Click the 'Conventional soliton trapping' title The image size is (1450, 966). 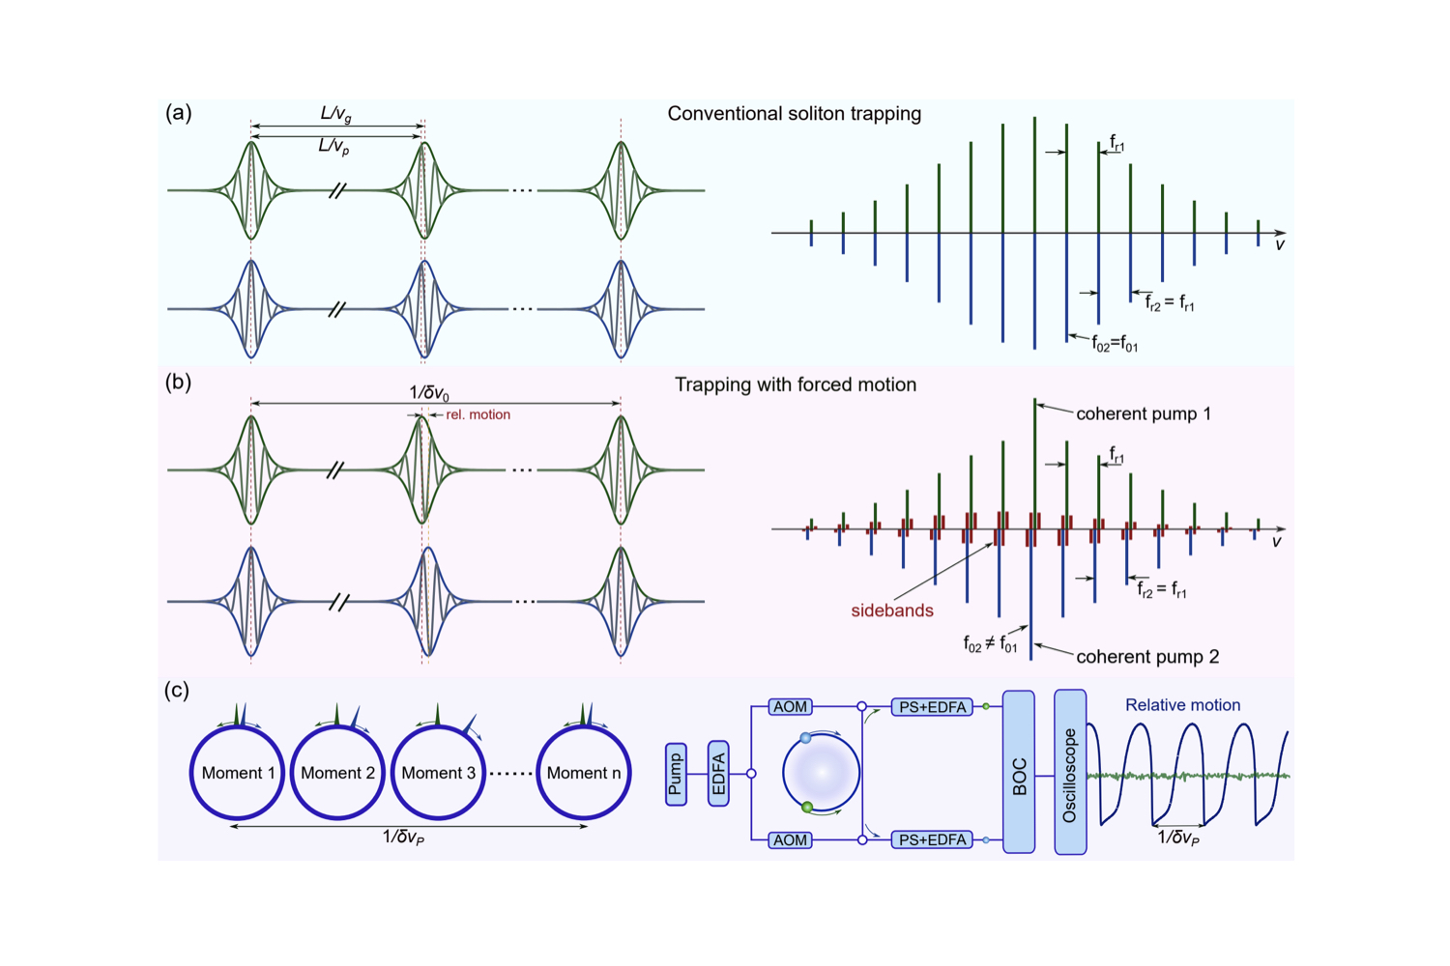pos(794,114)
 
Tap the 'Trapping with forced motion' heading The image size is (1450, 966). pos(795,384)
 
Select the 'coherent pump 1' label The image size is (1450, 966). pos(1143,413)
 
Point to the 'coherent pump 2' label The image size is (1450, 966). pos(1146,657)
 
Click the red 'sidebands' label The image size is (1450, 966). pos(891,611)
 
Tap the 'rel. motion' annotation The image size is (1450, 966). pos(478,414)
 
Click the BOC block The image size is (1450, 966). pos(1019,772)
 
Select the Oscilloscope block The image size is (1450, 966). pos(1069,772)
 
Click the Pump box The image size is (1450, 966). pos(676,774)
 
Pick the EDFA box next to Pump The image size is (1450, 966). pos(718,774)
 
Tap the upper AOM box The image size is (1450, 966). pos(790,707)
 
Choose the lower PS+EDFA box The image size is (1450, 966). pos(932,840)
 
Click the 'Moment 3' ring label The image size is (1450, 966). pos(438,773)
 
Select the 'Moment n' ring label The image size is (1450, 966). pos(583,773)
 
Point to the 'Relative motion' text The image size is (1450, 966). pos(1182,705)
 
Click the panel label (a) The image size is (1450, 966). pos(178,113)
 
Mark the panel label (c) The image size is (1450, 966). pos(177,690)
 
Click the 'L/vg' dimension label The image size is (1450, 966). pos(335,114)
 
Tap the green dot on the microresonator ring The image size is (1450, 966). pos(807,808)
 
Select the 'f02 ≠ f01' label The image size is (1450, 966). pos(990,643)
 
